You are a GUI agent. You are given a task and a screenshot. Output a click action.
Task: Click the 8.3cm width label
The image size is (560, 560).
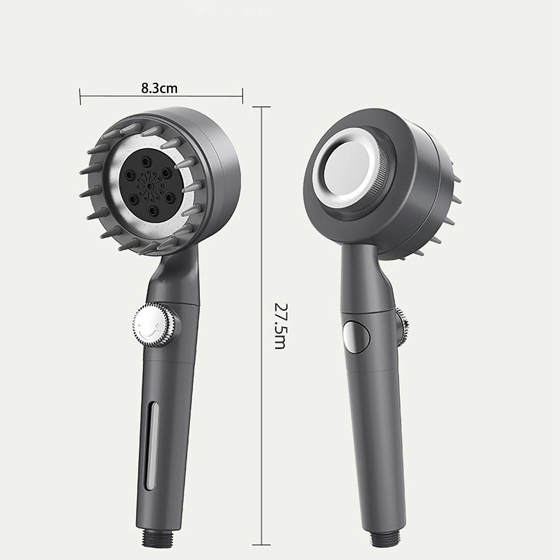159,88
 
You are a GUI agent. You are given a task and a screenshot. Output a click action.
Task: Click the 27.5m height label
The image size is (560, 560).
280,326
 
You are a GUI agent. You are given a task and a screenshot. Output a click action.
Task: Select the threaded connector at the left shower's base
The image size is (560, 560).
158,538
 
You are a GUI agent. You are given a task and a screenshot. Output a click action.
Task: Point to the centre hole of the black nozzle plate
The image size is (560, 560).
150,186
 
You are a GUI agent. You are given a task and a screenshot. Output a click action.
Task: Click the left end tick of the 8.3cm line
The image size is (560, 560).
80,96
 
